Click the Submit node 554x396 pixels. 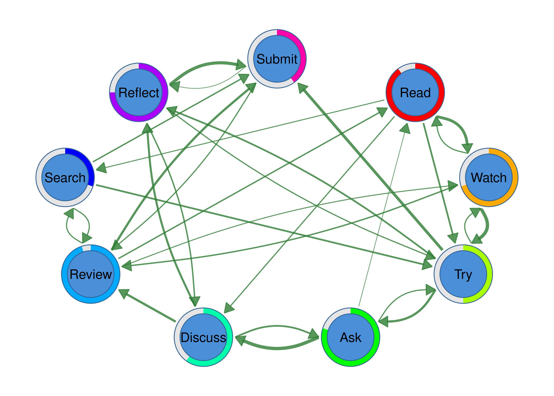tap(277, 59)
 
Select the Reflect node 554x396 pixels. tap(139, 92)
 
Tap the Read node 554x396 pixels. tap(415, 92)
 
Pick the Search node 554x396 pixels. tap(65, 177)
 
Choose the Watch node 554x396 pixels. tap(489, 177)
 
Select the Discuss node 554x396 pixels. tap(203, 337)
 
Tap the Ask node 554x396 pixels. tap(351, 337)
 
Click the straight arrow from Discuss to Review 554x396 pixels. tap(148, 306)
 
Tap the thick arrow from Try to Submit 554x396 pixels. tap(369, 166)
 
